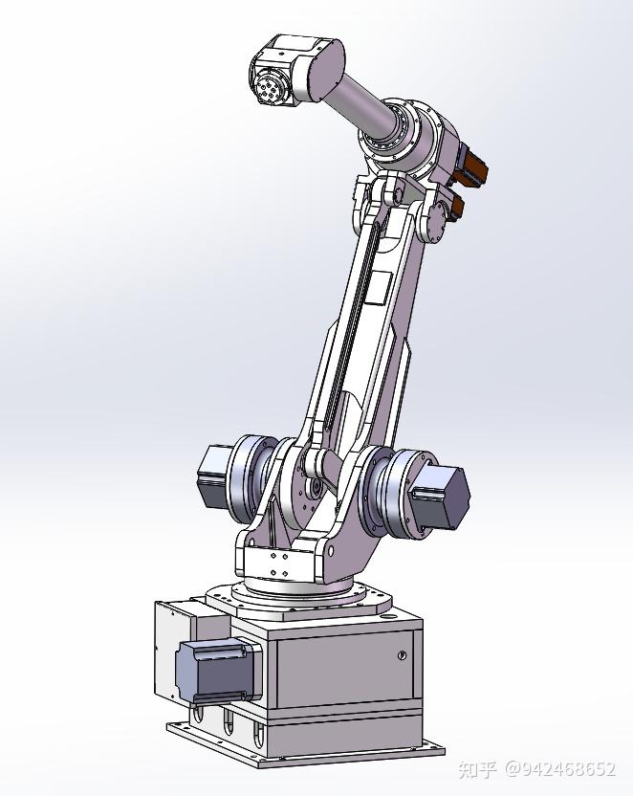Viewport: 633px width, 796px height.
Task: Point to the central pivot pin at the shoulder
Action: pyautogui.click(x=313, y=468)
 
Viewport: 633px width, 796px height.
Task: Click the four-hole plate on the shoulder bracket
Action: pyautogui.click(x=279, y=564)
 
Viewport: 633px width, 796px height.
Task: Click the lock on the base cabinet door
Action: pyautogui.click(x=401, y=655)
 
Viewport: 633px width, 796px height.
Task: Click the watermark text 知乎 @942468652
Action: pyautogui.click(x=537, y=769)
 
